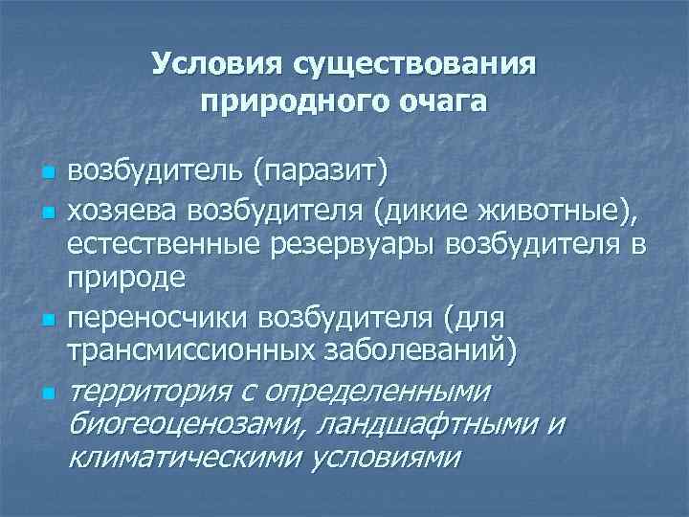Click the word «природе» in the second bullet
point(115,278)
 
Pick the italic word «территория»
point(145,391)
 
